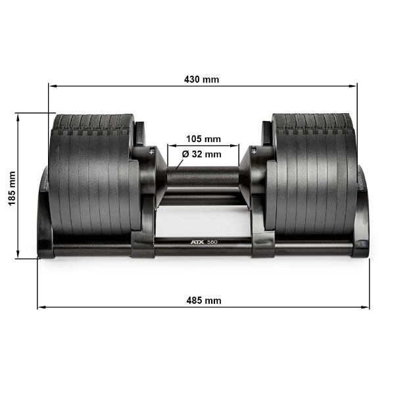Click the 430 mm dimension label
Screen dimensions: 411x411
pyautogui.click(x=202, y=80)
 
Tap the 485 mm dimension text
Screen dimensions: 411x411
pyautogui.click(x=204, y=300)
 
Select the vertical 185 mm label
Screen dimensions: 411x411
pyautogui.click(x=12, y=189)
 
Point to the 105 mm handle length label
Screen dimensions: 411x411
pyautogui.click(x=203, y=139)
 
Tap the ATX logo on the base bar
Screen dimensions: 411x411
pyautogui.click(x=197, y=243)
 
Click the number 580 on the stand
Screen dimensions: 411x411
pyautogui.click(x=212, y=243)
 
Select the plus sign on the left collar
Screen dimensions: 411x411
pyautogui.click(x=152, y=151)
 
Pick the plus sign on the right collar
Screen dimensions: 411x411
pyautogui.click(x=253, y=151)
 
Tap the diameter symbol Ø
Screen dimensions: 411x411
pyautogui.click(x=185, y=154)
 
